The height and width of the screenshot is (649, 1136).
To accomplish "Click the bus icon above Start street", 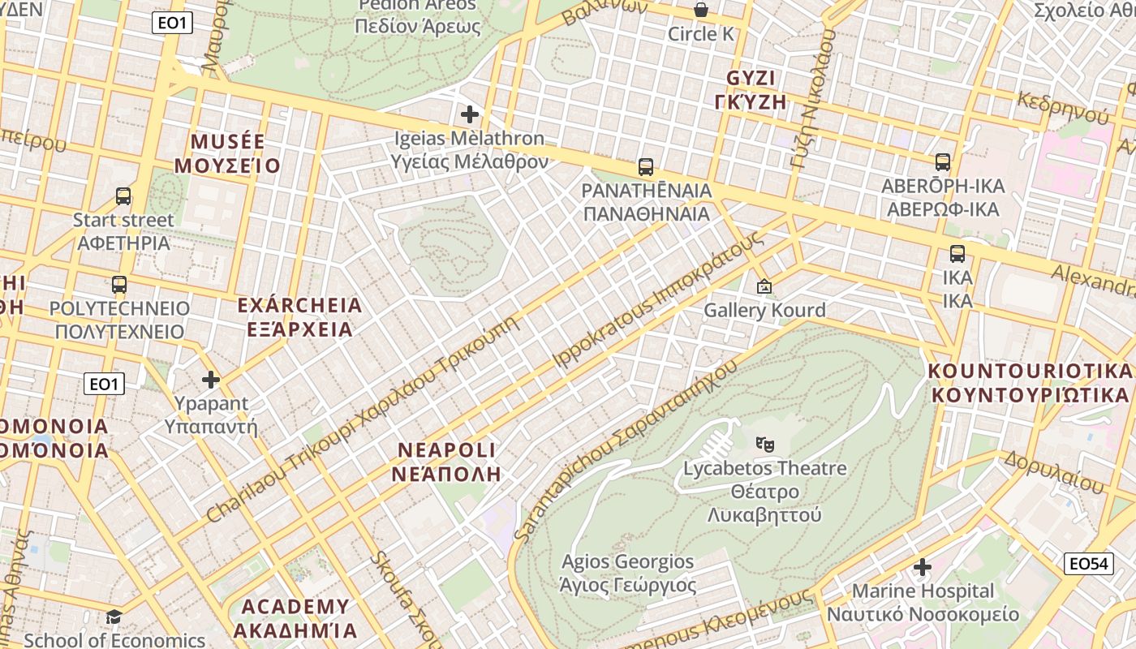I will pyautogui.click(x=123, y=196).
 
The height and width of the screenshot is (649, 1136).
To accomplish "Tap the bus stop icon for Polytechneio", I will pyautogui.click(x=119, y=285).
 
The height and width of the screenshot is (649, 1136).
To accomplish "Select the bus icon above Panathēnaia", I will pyautogui.click(x=646, y=167).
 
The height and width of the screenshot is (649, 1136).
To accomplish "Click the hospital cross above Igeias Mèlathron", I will pyautogui.click(x=469, y=114).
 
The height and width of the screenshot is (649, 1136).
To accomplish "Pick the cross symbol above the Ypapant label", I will pyautogui.click(x=211, y=379).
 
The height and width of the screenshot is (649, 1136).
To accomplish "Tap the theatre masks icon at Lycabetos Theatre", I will pyautogui.click(x=764, y=445).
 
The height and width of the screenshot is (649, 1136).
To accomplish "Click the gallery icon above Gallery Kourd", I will pyautogui.click(x=764, y=286).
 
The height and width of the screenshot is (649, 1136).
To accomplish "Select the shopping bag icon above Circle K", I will pyautogui.click(x=700, y=11).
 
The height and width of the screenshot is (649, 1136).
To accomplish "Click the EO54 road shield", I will pyautogui.click(x=1088, y=563).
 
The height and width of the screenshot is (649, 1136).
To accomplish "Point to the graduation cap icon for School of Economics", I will pyautogui.click(x=114, y=617).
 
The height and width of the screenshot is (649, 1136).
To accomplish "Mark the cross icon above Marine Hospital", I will pyautogui.click(x=923, y=567).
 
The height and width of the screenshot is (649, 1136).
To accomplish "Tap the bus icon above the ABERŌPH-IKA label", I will pyautogui.click(x=943, y=162).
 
